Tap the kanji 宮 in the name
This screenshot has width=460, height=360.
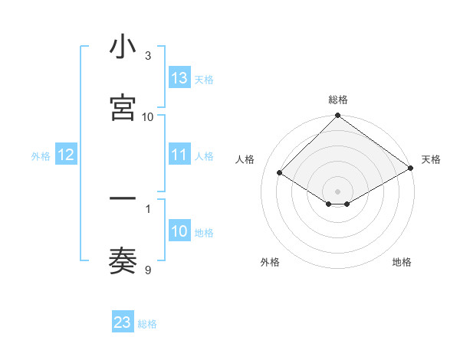123,108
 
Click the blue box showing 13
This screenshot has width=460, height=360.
179,78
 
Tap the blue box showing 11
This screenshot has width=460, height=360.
179,155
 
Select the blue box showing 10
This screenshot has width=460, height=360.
179,231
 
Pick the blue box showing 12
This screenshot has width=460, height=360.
66,155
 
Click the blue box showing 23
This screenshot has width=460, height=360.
123,322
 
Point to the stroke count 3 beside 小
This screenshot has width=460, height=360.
148,56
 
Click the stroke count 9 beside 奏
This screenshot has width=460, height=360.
148,270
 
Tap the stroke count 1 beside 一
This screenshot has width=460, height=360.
148,208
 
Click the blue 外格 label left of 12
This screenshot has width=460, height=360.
41,155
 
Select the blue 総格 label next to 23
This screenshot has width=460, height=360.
147,324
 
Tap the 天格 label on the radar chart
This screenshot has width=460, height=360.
431,159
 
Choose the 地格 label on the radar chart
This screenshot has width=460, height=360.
402,262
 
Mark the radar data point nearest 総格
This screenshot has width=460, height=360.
337,116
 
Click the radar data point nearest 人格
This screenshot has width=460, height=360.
280,172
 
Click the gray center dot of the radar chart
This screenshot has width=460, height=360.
337,191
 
